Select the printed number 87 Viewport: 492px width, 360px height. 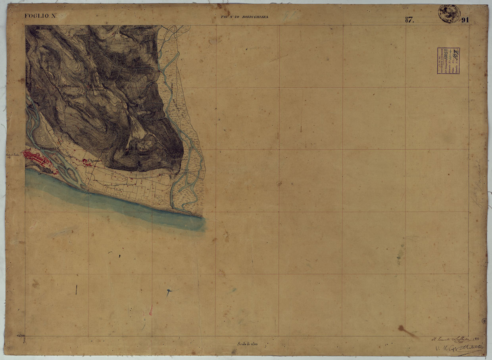click(409, 21)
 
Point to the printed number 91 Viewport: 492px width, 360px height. click(465, 21)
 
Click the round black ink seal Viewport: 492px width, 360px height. click(449, 13)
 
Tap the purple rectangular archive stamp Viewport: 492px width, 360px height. click(448, 61)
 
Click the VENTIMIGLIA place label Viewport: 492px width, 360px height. click(49, 148)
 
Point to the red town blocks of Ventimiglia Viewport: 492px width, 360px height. click(38, 159)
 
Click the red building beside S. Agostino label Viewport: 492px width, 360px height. click(85, 161)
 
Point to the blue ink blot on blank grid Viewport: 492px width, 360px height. click(169, 292)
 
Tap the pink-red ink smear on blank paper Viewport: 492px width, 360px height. click(150, 310)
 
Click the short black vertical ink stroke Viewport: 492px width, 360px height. click(76, 290)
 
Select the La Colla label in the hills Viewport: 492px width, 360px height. click(96, 87)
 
